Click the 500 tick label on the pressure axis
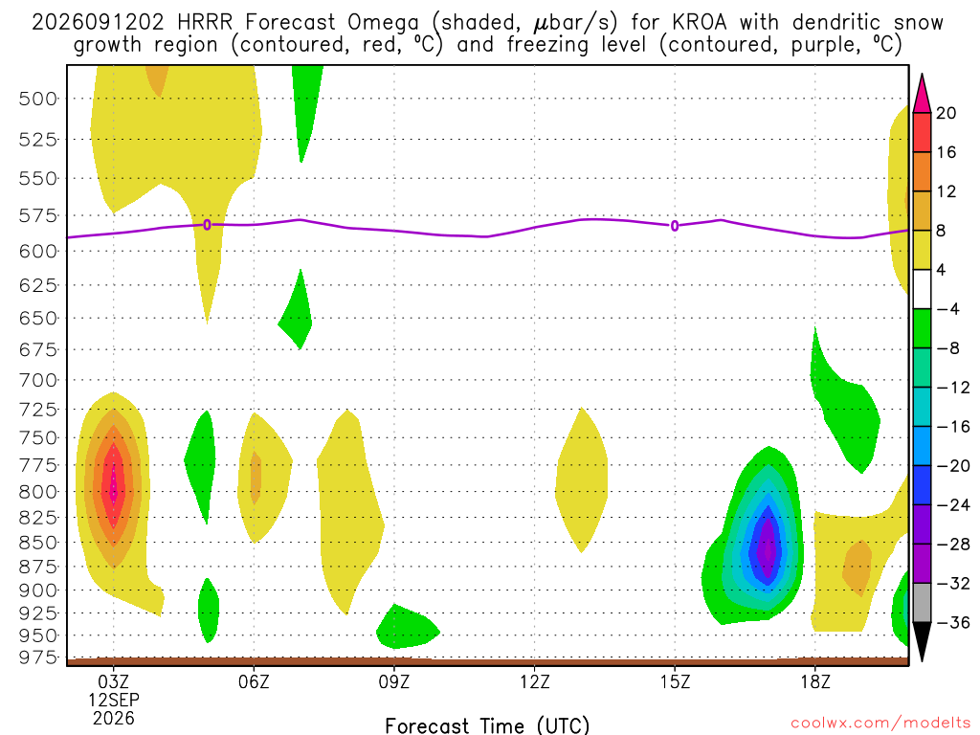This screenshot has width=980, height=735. point(37,99)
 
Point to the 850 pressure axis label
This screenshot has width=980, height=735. point(37,543)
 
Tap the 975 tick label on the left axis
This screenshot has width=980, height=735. point(37,657)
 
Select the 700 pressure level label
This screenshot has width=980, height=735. point(37,380)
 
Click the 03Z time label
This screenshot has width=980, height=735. point(113,681)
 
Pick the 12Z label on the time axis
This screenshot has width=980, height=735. point(534,681)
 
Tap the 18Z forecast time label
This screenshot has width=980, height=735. point(815,681)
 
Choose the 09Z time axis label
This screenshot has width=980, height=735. point(393,681)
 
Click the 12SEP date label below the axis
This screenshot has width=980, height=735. point(113,700)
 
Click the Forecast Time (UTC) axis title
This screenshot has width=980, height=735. point(487,725)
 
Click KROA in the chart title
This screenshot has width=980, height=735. point(700,22)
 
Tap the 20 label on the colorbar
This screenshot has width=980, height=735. point(947,113)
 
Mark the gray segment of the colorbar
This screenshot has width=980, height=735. point(922,603)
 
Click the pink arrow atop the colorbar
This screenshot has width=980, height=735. point(922,95)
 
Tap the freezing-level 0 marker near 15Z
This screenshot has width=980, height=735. point(675,226)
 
